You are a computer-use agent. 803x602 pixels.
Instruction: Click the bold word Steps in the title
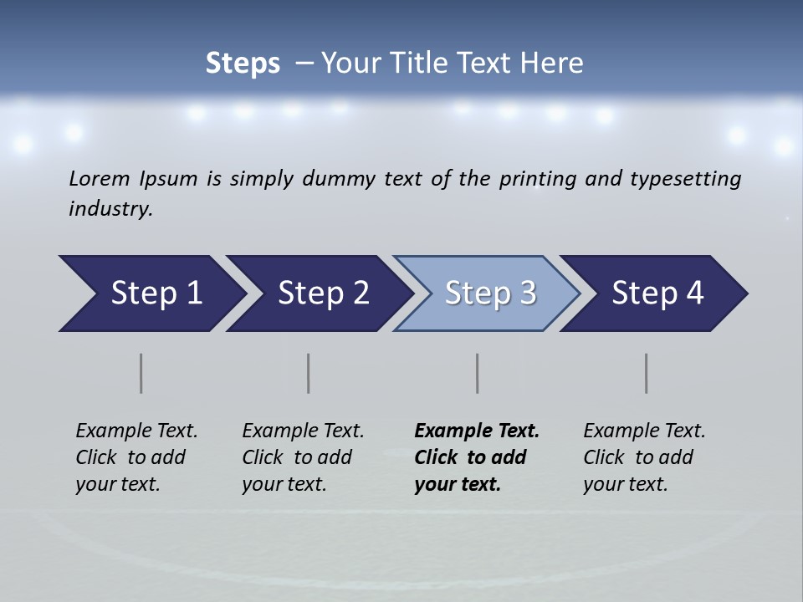click(243, 64)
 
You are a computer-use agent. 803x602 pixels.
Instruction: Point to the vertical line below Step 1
click(141, 373)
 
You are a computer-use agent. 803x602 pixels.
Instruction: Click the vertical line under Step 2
click(309, 373)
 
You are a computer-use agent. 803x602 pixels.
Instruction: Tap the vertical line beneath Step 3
click(478, 373)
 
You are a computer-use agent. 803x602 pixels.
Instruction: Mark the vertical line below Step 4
click(647, 373)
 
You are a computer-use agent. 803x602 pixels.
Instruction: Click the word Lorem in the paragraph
click(100, 179)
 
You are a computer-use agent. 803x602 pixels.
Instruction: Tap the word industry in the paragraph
click(110, 209)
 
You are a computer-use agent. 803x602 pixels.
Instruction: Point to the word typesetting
click(685, 179)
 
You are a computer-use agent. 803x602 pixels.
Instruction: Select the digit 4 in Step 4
click(694, 293)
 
